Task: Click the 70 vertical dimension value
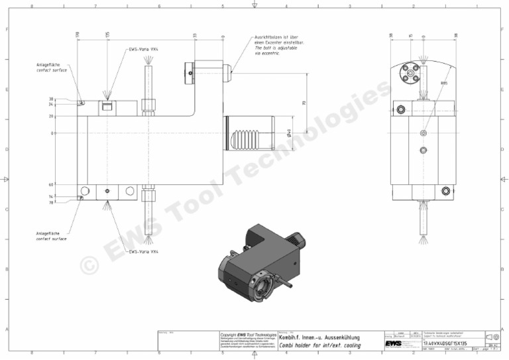[x=304, y=103]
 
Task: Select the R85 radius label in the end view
[x=444, y=84]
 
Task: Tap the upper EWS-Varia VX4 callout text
[x=144, y=50]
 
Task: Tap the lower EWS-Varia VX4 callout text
[x=144, y=252]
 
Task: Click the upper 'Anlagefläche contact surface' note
[x=51, y=68]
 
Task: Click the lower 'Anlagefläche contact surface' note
[x=51, y=236]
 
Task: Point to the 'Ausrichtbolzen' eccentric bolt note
[x=276, y=44]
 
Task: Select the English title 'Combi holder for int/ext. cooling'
[x=319, y=345]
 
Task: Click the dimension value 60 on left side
[x=51, y=185]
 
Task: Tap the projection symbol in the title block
[x=494, y=337]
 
